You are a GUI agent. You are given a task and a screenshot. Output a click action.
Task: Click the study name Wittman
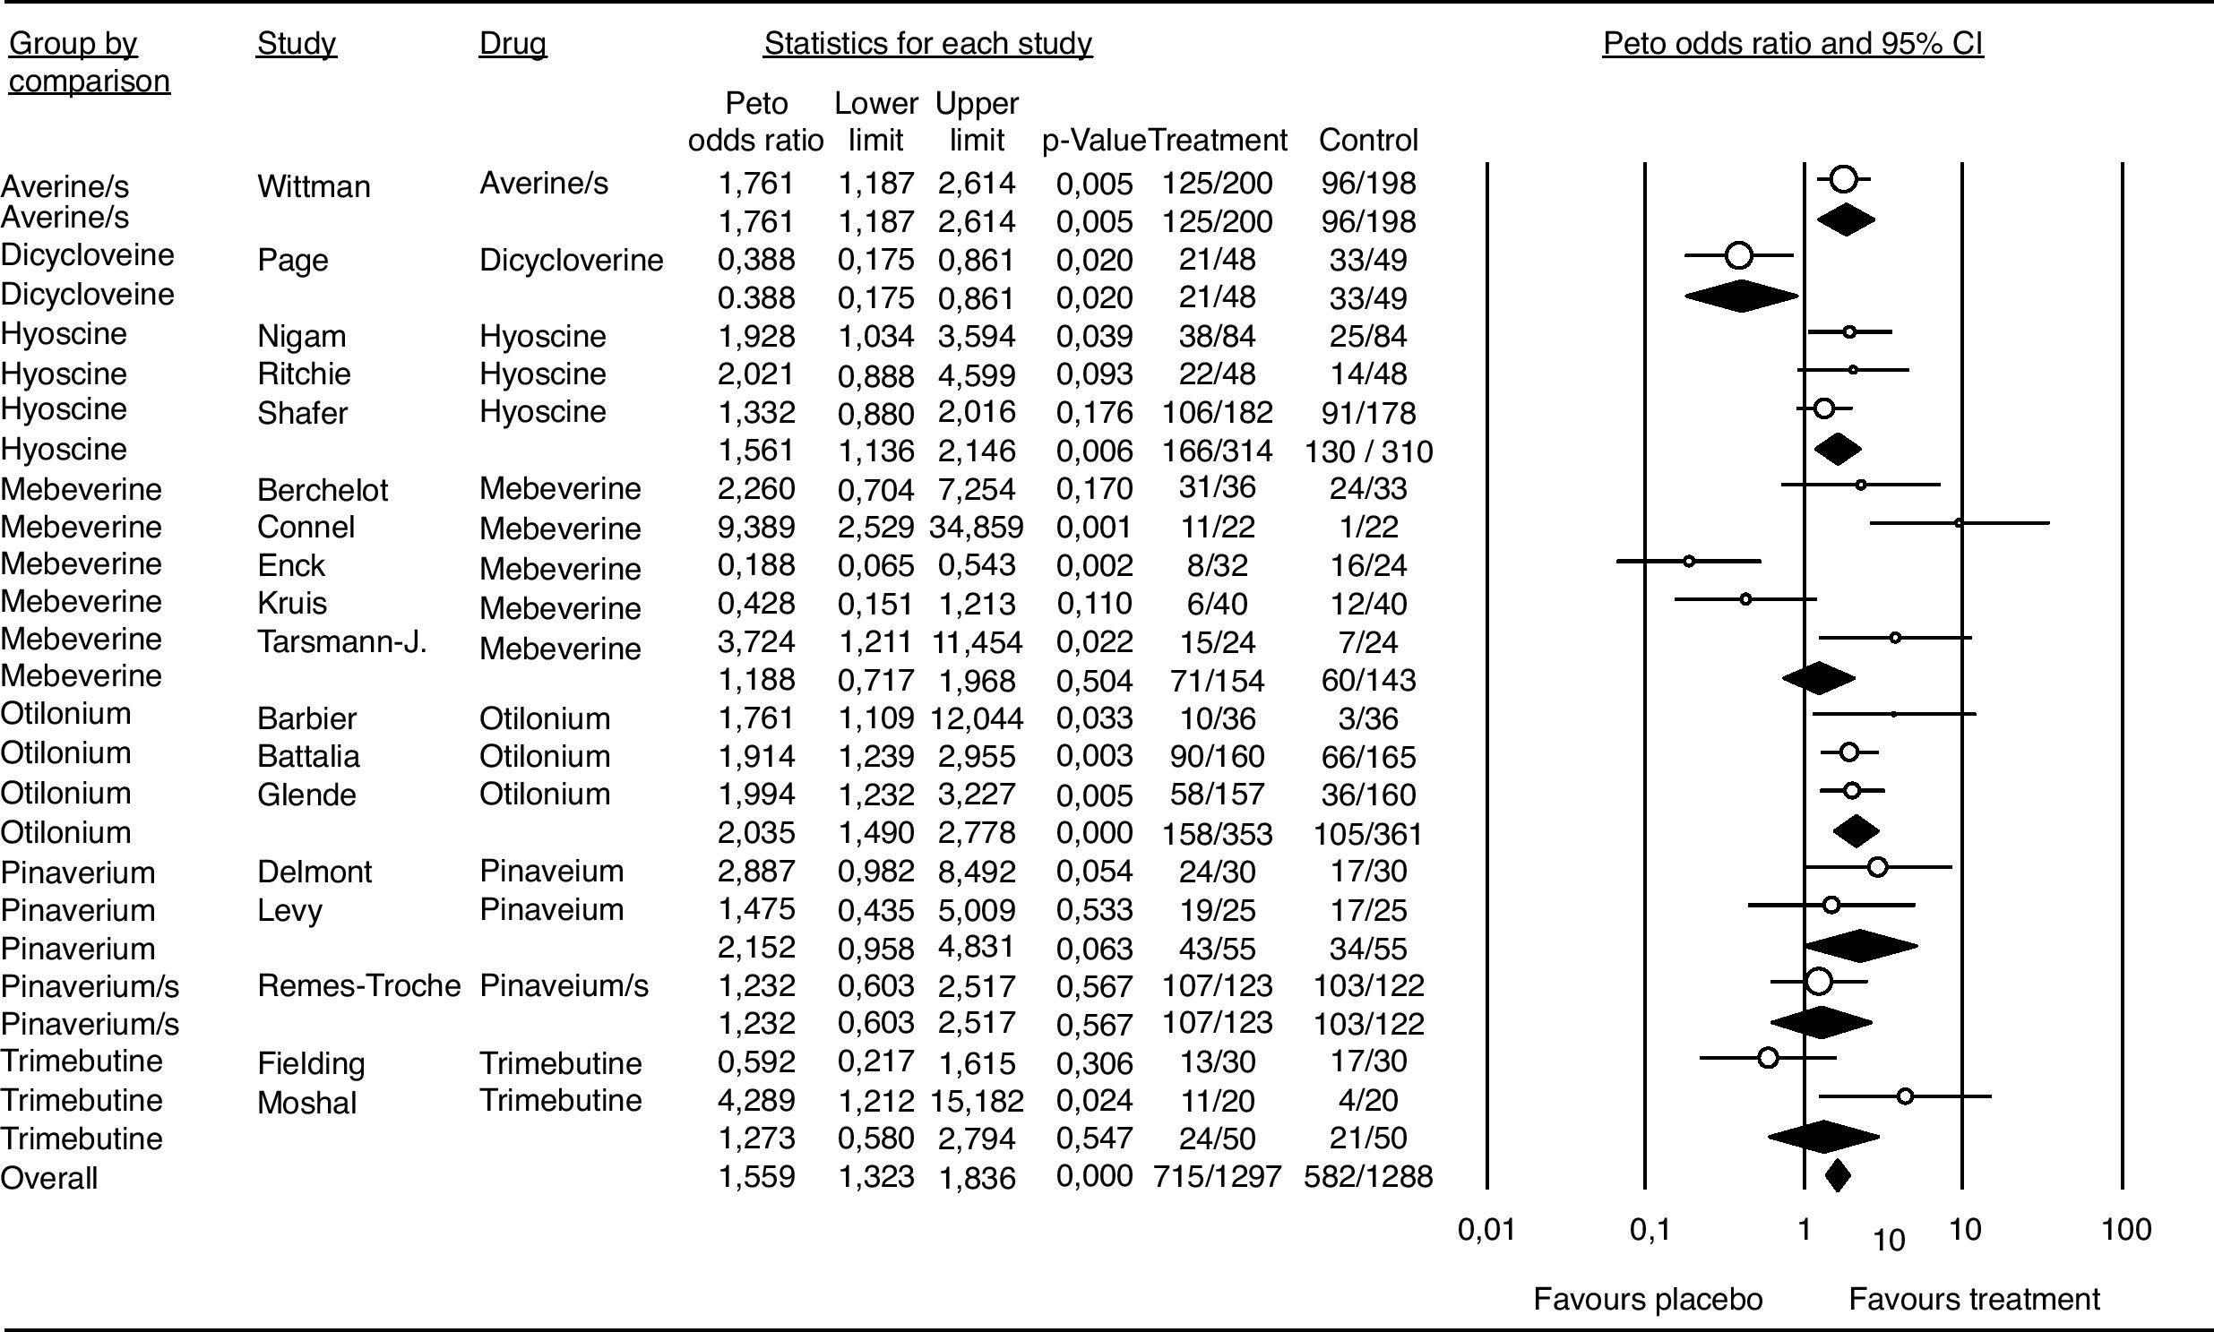314,186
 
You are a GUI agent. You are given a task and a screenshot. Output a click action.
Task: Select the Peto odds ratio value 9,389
756,527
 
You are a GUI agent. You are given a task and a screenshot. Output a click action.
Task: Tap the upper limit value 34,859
976,527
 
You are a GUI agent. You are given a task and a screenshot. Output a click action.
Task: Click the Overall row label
48,1178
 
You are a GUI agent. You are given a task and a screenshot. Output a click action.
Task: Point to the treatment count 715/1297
1217,1177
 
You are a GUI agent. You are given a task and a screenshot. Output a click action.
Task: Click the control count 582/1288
1367,1177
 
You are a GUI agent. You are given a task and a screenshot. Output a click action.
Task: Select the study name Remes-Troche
358,985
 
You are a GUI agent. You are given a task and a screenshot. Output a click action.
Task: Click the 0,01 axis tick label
1486,1230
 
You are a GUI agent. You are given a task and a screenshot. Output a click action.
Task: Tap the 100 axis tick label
2125,1230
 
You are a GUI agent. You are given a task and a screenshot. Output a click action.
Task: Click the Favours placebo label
1648,1299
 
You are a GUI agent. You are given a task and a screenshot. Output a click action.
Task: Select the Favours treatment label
1973,1299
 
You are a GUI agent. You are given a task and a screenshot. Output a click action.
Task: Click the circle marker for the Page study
1739,256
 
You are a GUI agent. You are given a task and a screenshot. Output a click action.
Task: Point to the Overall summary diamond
1838,1175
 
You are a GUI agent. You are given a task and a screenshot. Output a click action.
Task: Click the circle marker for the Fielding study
1768,1058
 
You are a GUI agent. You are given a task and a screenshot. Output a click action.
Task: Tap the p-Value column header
1092,141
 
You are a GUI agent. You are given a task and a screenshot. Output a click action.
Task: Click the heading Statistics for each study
927,44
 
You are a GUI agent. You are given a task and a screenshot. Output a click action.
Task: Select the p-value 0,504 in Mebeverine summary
1093,681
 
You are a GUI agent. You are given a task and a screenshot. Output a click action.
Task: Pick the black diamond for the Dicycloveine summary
1741,296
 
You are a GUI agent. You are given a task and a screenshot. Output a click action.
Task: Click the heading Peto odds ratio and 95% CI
1792,44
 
